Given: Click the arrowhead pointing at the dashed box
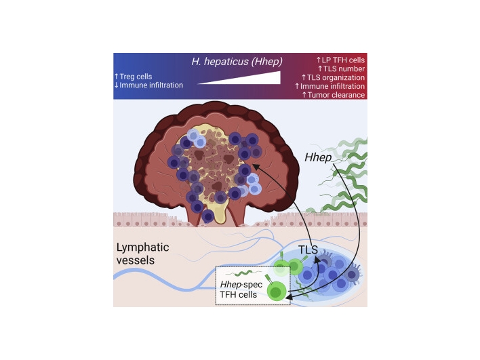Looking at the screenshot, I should pos(293,294).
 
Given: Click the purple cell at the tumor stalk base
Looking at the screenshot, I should pos(208,216).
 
